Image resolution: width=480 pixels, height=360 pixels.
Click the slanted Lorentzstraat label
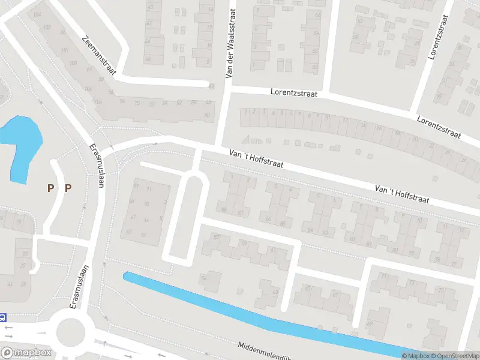click(x=439, y=126)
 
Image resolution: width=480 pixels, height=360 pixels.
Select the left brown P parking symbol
click(x=51, y=188)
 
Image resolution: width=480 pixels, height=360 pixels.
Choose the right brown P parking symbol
click(x=68, y=188)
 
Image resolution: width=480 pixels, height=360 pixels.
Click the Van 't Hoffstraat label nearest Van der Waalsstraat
click(x=256, y=159)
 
